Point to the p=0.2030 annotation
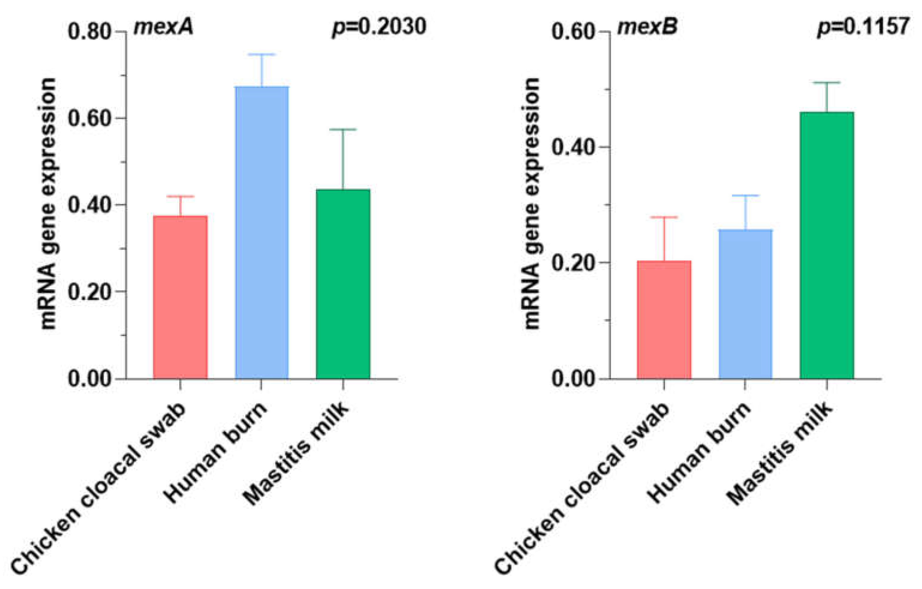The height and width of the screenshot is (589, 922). point(379,27)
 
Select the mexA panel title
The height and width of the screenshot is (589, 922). point(164,27)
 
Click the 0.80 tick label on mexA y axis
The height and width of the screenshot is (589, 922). point(89,31)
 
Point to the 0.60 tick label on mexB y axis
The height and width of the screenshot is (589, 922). point(573,31)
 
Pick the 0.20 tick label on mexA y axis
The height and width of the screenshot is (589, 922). point(89,292)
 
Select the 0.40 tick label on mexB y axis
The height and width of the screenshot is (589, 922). point(573,147)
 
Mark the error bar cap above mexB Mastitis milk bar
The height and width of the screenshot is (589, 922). point(827,83)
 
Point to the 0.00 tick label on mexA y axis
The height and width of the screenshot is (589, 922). point(89,378)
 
